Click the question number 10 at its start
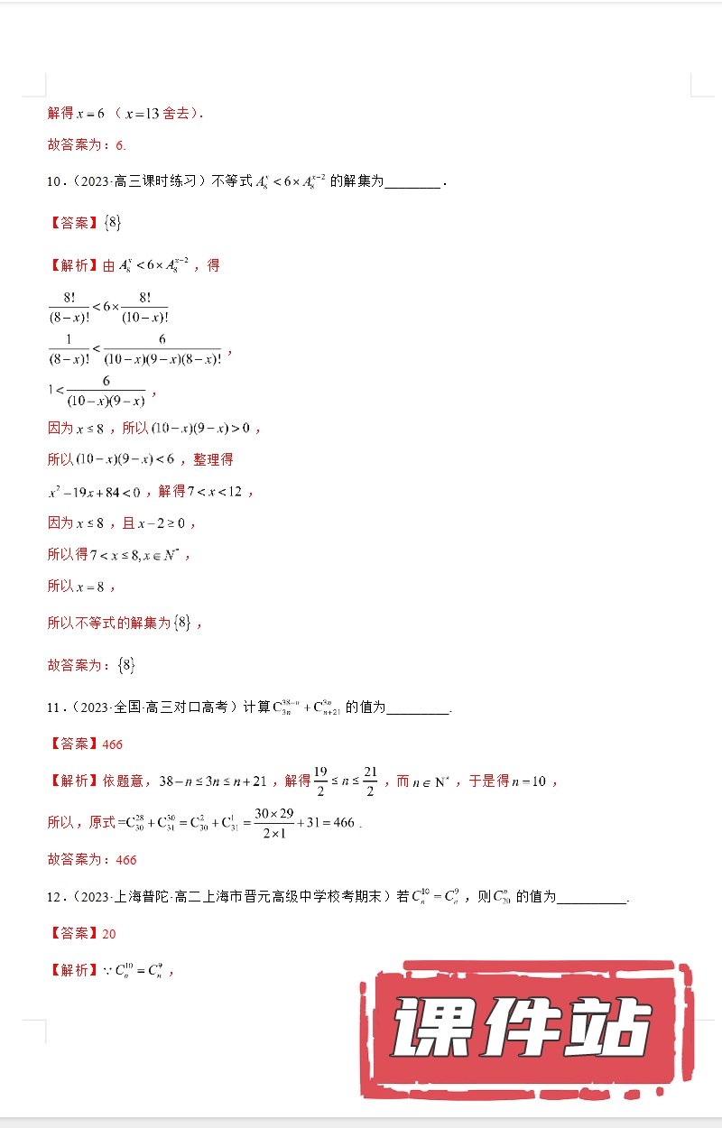53,181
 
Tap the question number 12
53,898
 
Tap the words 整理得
213,459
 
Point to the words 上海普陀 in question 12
136,898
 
